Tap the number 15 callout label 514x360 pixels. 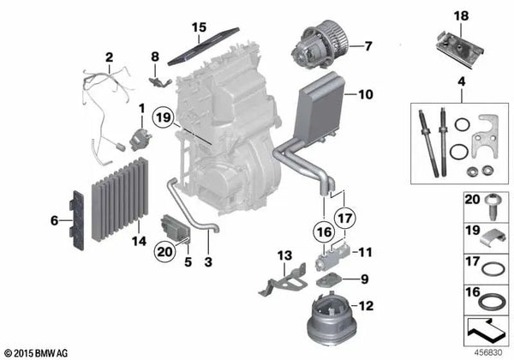click(x=199, y=27)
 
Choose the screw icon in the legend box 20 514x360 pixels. click(x=492, y=205)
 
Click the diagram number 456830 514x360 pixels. click(x=490, y=352)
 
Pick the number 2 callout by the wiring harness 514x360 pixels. click(x=109, y=58)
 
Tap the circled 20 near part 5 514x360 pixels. click(x=163, y=251)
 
